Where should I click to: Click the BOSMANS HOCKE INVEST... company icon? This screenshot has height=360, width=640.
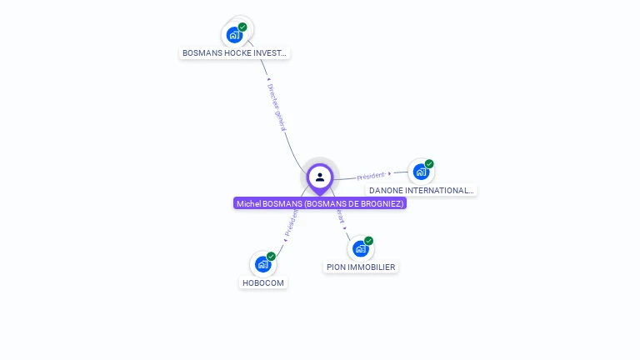click(234, 35)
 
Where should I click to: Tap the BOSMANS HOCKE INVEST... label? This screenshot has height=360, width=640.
click(235, 52)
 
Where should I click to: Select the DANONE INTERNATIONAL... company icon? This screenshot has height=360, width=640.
click(421, 172)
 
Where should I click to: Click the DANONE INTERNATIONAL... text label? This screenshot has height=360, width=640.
click(422, 190)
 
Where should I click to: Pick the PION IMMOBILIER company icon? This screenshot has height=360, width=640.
click(360, 248)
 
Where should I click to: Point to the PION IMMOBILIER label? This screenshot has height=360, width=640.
click(361, 267)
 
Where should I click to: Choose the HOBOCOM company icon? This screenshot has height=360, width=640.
click(262, 264)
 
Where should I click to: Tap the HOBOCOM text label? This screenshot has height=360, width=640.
click(262, 282)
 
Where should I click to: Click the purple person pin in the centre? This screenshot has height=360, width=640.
click(320, 177)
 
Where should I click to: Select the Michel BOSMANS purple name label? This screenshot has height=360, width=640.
click(320, 203)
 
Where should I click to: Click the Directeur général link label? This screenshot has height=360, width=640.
click(277, 107)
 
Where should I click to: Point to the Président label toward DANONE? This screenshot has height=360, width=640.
click(371, 176)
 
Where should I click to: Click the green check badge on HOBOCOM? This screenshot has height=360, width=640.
click(271, 257)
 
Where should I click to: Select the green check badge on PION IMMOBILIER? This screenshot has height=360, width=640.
click(368, 241)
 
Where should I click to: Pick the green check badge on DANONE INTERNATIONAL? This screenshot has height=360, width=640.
click(429, 164)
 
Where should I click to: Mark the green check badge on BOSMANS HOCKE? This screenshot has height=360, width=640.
click(242, 27)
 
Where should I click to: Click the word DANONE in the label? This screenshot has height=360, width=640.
click(387, 190)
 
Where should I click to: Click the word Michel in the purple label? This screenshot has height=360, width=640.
click(247, 203)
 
